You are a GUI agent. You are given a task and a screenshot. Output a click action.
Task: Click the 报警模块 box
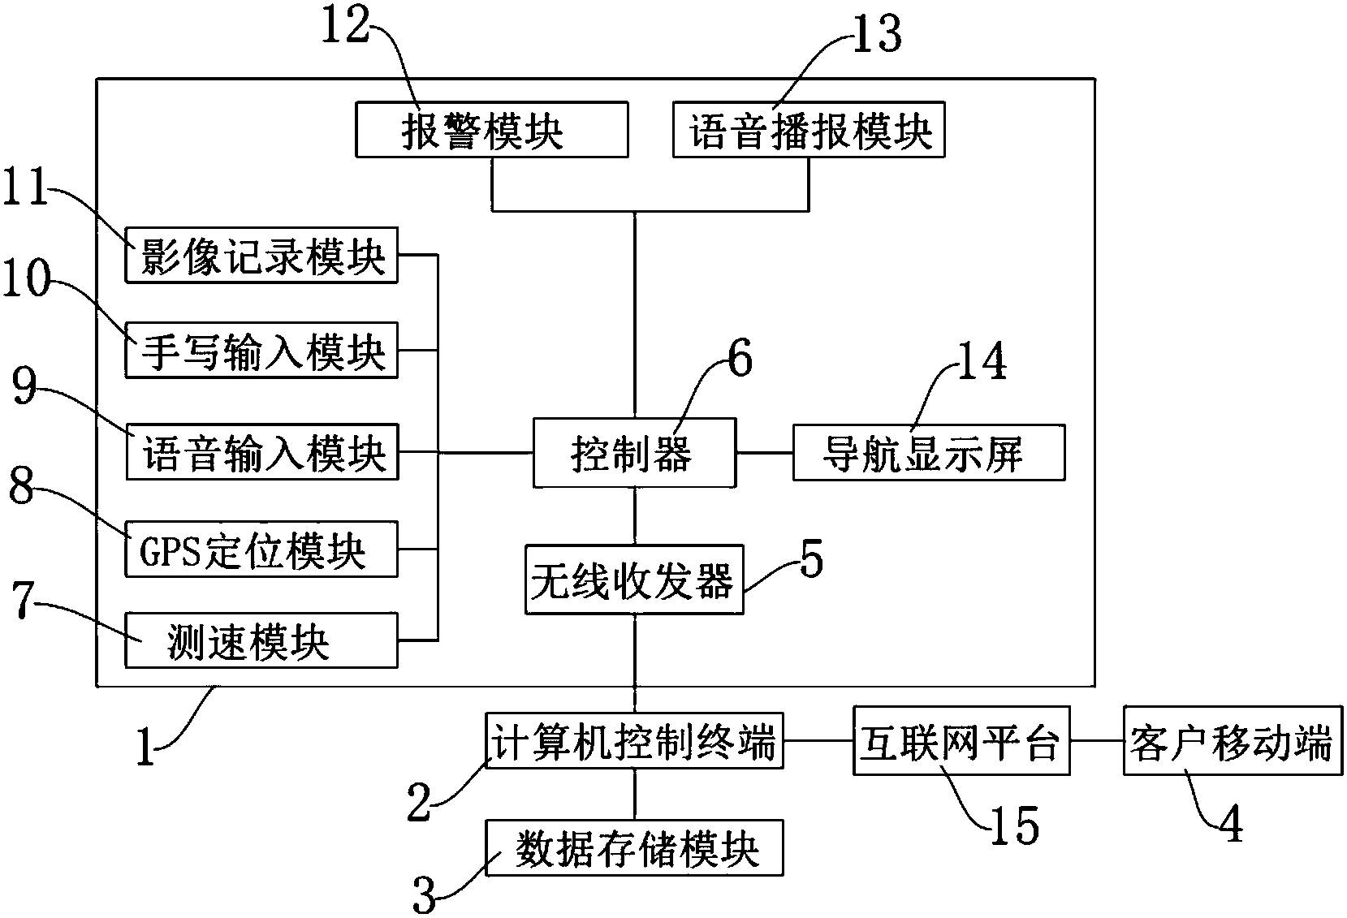491,129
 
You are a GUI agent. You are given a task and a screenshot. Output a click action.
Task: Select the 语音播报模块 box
809,129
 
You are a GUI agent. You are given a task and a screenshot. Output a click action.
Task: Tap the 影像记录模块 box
261,256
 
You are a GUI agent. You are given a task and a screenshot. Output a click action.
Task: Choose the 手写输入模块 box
261,351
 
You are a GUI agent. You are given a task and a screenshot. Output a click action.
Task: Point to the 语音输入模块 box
261,451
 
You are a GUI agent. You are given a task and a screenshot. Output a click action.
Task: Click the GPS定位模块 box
261,550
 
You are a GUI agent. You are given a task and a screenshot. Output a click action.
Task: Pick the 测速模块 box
261,640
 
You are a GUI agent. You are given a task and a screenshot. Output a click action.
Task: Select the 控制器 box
634,452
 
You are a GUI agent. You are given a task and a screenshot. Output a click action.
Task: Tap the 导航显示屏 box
928,452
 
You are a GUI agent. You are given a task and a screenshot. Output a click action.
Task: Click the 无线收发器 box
634,580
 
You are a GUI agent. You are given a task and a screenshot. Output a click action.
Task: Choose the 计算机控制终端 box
634,740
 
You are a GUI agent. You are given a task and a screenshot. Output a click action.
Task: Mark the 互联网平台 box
961,740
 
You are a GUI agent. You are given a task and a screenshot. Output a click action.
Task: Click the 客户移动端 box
1232,740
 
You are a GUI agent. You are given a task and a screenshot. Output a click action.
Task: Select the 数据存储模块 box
634,847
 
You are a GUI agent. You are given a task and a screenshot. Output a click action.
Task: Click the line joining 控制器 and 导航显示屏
764,452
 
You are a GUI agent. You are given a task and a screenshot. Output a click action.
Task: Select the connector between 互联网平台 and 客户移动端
1096,740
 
